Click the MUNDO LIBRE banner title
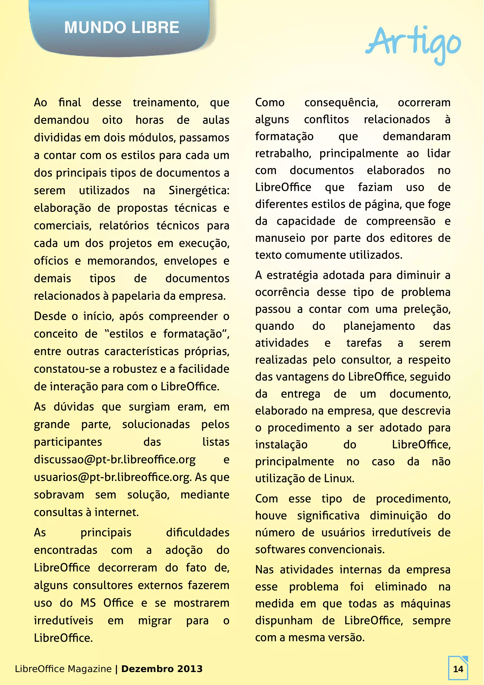coord(121,27)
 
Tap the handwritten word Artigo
coord(413,43)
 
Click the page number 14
coord(458,669)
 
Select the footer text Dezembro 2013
coord(162,669)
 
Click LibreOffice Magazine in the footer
coord(63,669)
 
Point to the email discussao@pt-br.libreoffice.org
coord(115,460)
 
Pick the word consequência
coord(341,103)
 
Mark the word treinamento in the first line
coord(165,103)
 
